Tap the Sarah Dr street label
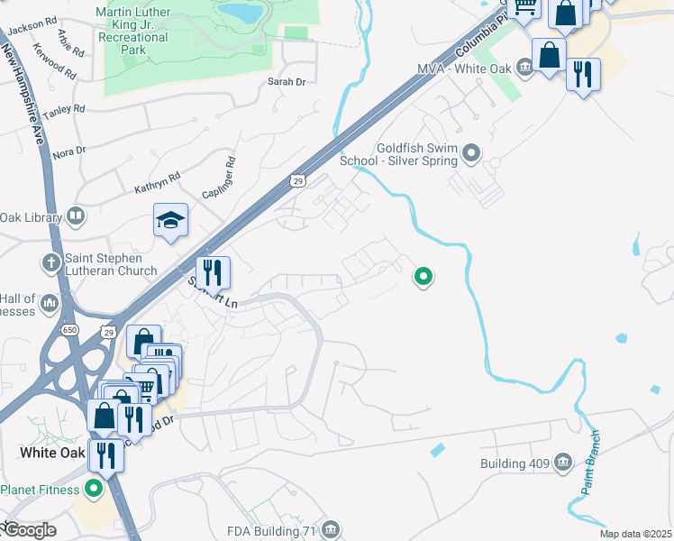287,82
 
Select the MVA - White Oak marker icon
525,69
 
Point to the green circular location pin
423,277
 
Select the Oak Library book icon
77,217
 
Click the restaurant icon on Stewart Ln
214,271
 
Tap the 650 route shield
70,330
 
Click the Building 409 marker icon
563,463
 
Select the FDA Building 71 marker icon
331,529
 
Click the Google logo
29,530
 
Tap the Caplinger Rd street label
218,179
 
